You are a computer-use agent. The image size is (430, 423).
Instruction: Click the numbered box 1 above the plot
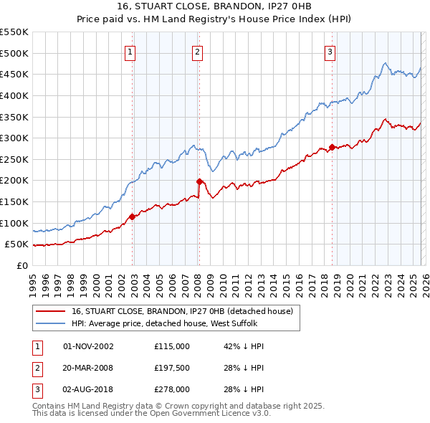(130, 51)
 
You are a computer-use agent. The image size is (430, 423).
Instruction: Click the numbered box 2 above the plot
(197, 51)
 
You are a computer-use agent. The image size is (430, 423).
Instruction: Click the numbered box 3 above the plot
(330, 51)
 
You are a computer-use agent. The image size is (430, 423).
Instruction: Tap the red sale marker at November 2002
(132, 217)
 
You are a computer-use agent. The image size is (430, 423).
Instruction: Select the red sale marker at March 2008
(199, 181)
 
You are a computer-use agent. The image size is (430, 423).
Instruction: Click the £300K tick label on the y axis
(14, 138)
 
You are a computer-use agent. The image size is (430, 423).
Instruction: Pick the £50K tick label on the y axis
(16, 244)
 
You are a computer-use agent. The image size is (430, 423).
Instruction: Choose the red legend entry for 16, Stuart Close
(182, 312)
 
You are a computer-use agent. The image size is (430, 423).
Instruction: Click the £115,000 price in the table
(172, 346)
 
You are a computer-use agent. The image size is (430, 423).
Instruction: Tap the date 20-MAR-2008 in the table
(88, 368)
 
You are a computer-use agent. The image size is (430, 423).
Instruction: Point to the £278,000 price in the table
(172, 389)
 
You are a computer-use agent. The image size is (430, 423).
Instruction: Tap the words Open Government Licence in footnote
(214, 414)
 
